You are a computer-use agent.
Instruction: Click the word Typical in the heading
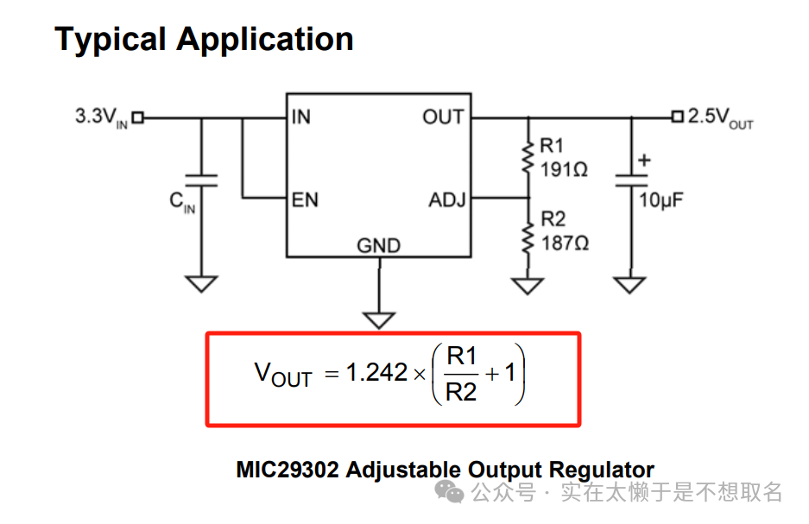pyautogui.click(x=111, y=40)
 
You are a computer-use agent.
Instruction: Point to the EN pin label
pyautogui.click(x=305, y=200)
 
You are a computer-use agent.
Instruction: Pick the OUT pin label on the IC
pyautogui.click(x=443, y=117)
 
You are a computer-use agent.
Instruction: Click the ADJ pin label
pyautogui.click(x=447, y=200)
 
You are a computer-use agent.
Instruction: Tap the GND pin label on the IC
pyautogui.click(x=378, y=246)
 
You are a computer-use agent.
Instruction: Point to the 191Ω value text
pyautogui.click(x=563, y=170)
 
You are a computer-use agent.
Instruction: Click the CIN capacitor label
pyautogui.click(x=181, y=203)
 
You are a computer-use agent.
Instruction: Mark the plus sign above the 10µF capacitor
pyautogui.click(x=643, y=161)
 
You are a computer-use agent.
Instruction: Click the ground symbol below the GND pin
pyautogui.click(x=378, y=319)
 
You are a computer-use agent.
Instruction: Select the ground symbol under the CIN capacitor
pyautogui.click(x=201, y=283)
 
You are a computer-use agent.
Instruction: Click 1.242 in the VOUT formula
pyautogui.click(x=376, y=372)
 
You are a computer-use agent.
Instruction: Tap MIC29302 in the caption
pyautogui.click(x=288, y=470)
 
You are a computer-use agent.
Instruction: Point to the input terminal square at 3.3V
pyautogui.click(x=136, y=117)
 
